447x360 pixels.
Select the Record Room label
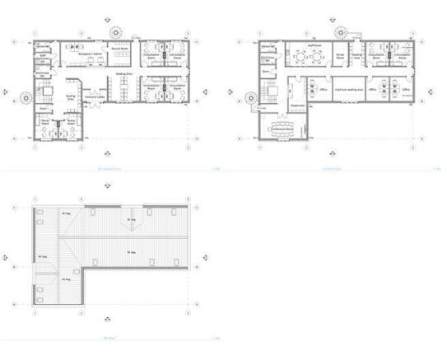(119, 49)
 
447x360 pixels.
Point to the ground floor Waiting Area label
(124, 73)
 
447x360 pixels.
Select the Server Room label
(338, 58)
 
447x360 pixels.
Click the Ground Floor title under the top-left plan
(108, 170)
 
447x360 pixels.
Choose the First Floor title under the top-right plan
(330, 170)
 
